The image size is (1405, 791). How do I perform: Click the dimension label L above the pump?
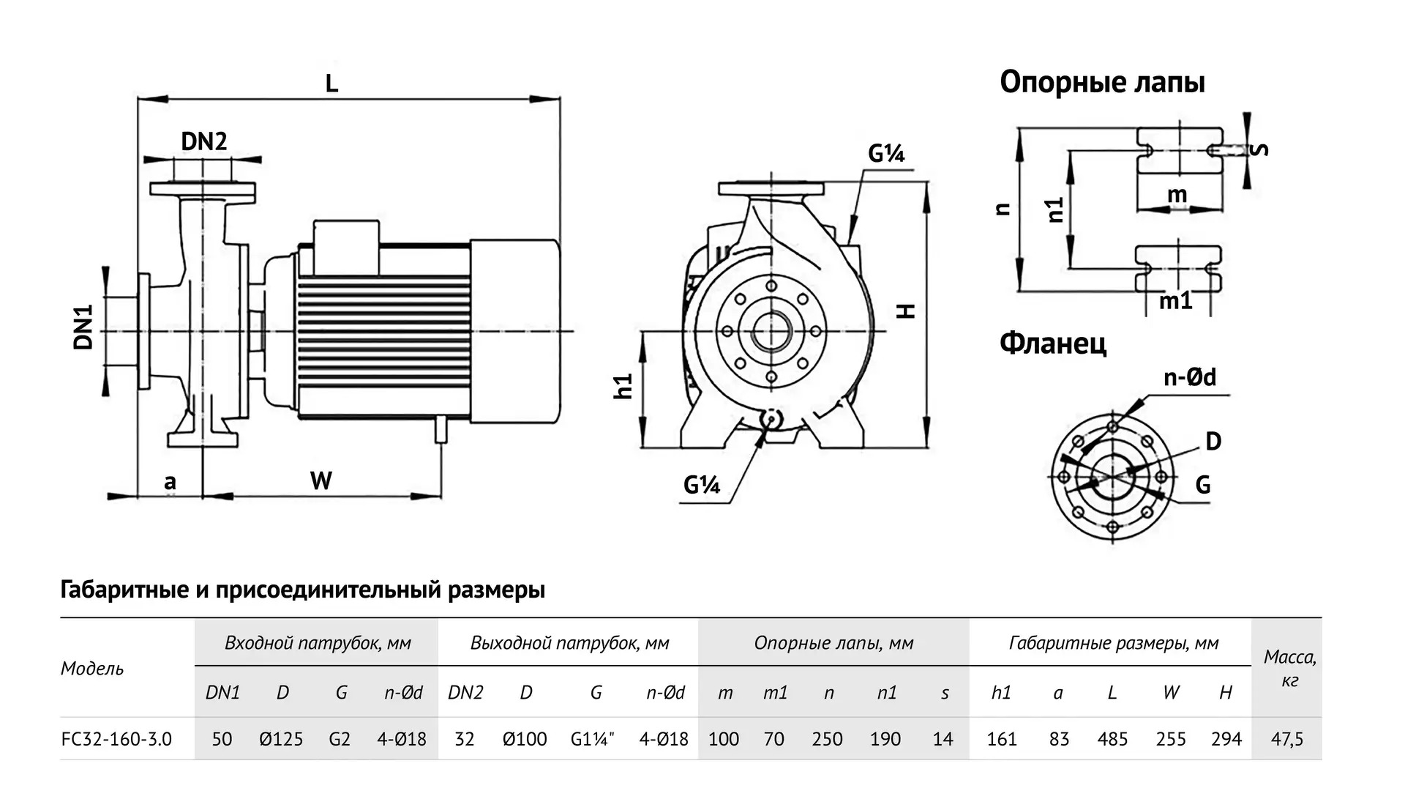[x=331, y=83]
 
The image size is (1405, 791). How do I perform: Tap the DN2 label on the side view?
[x=203, y=141]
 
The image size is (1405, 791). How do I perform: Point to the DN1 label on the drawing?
[x=84, y=327]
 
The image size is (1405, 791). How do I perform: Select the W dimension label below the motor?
[x=321, y=480]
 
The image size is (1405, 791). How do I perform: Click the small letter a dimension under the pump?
[x=170, y=482]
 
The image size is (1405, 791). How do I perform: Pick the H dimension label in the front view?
[x=906, y=311]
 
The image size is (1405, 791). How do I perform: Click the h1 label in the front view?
[x=623, y=386]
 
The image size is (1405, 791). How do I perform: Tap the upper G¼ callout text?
[x=886, y=154]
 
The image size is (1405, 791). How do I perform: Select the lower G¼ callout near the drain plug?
[x=701, y=485]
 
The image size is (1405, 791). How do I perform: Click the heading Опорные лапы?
[x=1102, y=82]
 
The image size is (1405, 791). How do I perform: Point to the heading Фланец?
[x=1053, y=343]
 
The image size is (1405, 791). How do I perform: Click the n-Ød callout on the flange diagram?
[x=1189, y=377]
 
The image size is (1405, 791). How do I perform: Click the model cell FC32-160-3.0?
[x=117, y=739]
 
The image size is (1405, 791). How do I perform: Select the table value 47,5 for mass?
[x=1286, y=739]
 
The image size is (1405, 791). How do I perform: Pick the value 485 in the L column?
[x=1112, y=739]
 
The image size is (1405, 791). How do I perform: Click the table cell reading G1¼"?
[x=593, y=739]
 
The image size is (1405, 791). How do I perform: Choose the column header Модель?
[x=92, y=668]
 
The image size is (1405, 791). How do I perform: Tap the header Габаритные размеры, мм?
[x=1113, y=643]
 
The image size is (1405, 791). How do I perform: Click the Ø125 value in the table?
[x=281, y=739]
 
